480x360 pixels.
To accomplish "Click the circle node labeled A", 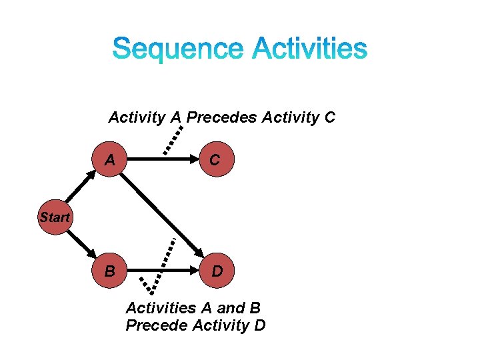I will (x=109, y=160).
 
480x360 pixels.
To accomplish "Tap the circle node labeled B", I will (x=109, y=271).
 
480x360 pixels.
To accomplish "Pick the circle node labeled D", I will (x=217, y=271).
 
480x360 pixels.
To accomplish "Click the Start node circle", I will (x=54, y=217).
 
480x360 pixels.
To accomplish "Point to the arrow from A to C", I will (x=163, y=160).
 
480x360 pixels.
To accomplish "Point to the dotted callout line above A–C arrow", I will (x=172, y=138).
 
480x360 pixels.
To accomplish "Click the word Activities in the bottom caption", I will (x=160, y=308).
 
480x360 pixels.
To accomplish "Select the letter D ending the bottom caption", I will (x=259, y=325).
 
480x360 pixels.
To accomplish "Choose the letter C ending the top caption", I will (x=329, y=118).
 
